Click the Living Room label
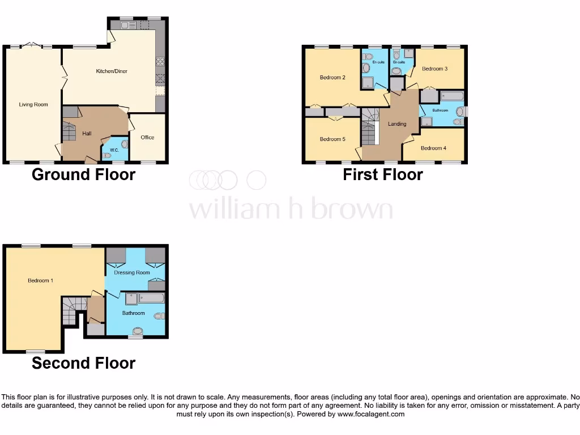pos(33,104)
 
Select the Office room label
pos(147,137)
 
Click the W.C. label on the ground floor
pos(114,150)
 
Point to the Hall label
pos(87,133)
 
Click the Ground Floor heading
pos(83,174)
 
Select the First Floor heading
pos(382,174)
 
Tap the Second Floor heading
pos(83,363)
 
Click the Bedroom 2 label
pos(332,78)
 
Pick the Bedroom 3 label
pos(435,69)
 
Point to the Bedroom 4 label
pos(433,148)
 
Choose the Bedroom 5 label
pos(332,139)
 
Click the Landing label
pos(396,123)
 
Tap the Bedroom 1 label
pos(40,280)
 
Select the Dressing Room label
pos(132,272)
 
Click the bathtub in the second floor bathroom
pos(151,298)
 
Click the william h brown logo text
pos(290,209)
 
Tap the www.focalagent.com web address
pos(372,414)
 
